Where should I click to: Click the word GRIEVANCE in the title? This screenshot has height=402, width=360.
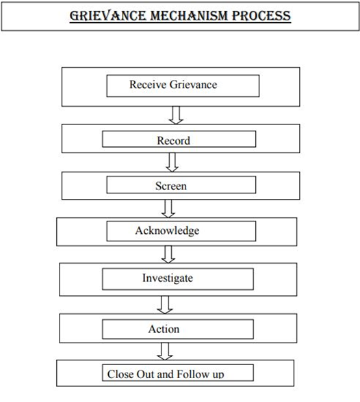107,16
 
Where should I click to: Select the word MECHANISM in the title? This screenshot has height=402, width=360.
189,16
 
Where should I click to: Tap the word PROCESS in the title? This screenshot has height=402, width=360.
261,16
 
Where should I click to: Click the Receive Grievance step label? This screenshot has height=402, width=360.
173,85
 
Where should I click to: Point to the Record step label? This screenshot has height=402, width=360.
173,141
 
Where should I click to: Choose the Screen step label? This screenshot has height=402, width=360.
171,186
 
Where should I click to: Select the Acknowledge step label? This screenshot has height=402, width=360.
167,231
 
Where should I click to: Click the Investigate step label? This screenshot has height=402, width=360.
168,278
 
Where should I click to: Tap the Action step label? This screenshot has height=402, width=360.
164,329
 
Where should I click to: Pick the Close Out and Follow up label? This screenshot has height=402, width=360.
166,374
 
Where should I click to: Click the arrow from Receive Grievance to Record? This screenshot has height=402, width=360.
176,115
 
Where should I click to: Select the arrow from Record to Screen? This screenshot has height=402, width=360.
172,162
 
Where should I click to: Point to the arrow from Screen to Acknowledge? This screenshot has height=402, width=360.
168,209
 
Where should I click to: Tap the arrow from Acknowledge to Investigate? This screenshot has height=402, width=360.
168,254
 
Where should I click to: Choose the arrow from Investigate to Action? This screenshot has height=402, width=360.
165,305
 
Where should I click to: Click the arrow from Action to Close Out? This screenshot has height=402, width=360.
165,351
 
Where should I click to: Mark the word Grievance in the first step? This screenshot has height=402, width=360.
193,85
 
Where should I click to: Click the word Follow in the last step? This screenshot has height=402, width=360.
193,374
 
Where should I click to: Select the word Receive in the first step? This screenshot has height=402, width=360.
148,85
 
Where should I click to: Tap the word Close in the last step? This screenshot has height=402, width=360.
120,374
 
